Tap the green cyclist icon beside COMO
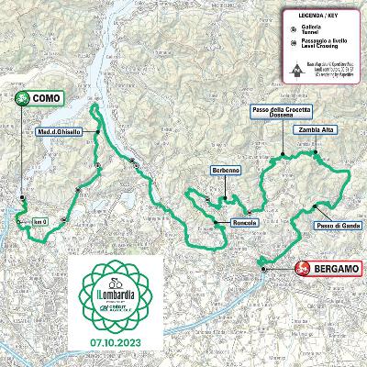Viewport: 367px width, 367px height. [x=22, y=98]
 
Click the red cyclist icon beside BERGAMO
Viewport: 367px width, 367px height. [x=303, y=268]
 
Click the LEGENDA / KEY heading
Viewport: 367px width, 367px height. [x=306, y=14]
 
